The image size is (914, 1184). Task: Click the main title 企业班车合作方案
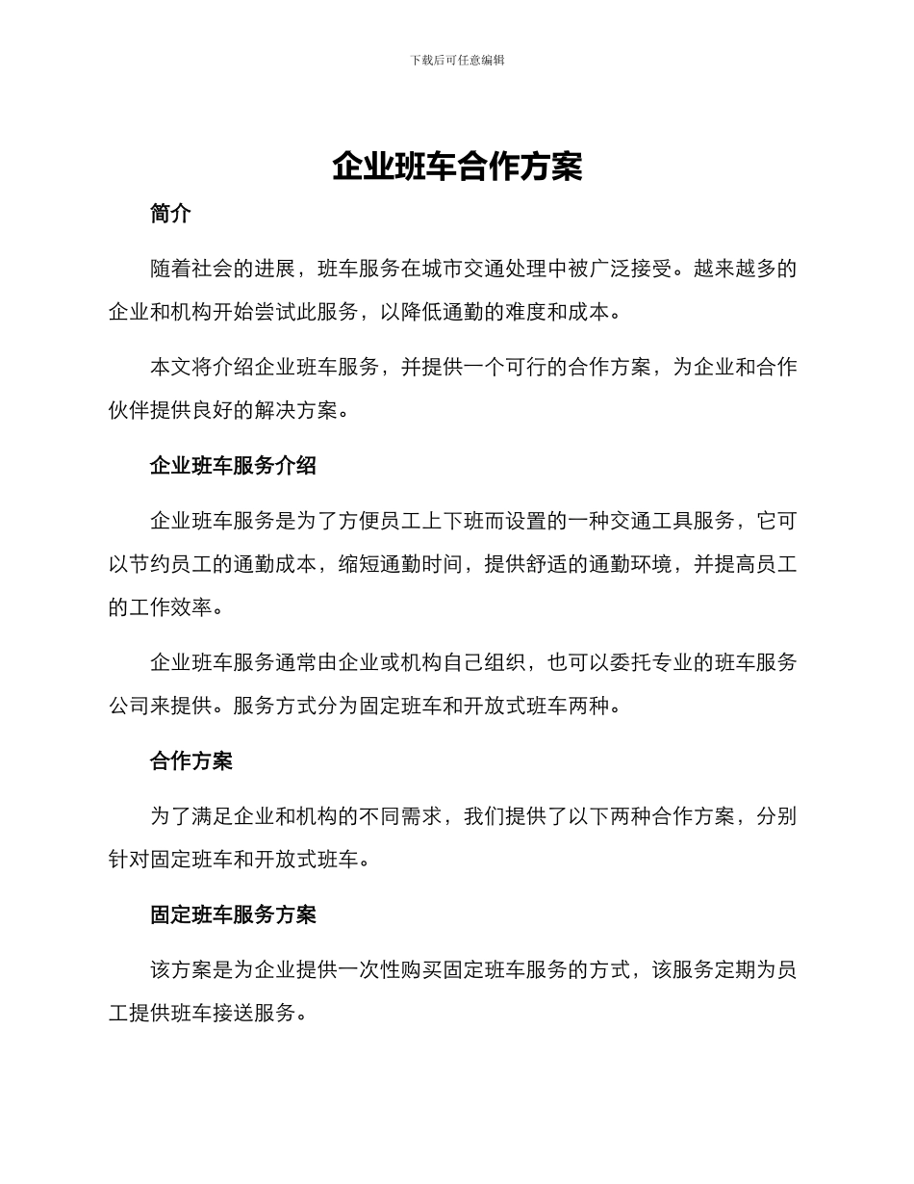pyautogui.click(x=457, y=167)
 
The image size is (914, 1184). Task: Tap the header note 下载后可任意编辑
pyautogui.click(x=457, y=60)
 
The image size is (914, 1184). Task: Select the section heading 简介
pyautogui.click(x=170, y=215)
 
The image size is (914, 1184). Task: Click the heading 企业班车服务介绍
pyautogui.click(x=233, y=466)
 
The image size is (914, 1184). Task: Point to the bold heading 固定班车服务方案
pyautogui.click(x=233, y=914)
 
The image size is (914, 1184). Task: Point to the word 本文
pyautogui.click(x=171, y=368)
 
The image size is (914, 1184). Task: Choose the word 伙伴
pyautogui.click(x=129, y=411)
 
